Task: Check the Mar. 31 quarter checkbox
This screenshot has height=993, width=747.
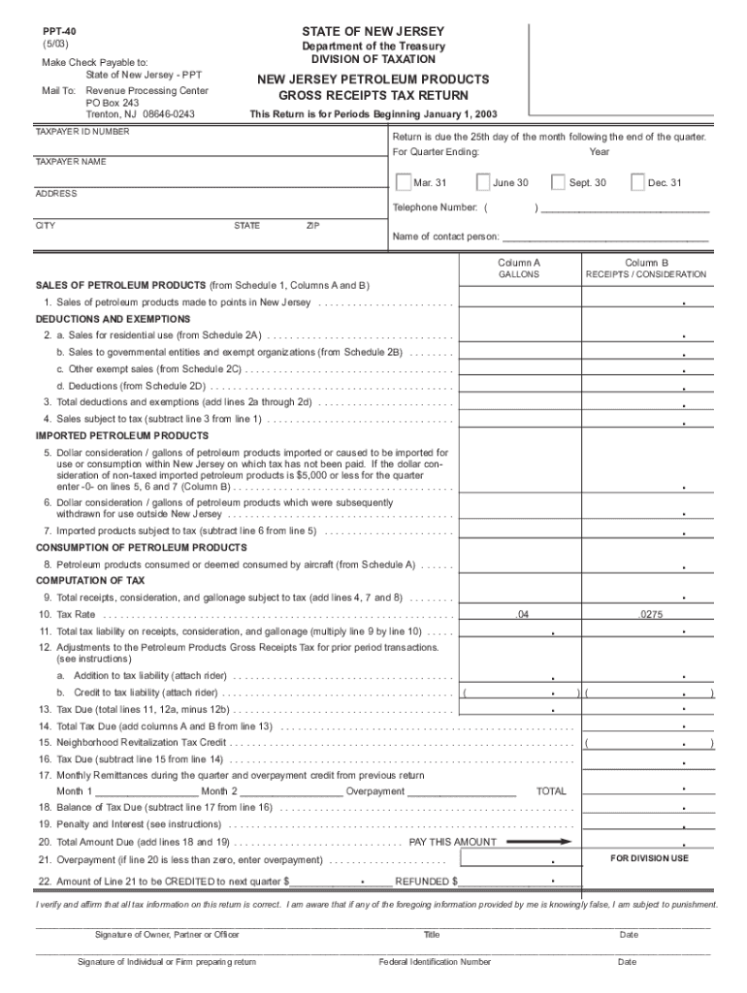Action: pos(403,182)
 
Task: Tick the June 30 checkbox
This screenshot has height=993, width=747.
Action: pos(483,182)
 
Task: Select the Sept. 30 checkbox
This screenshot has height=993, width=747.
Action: pos(558,182)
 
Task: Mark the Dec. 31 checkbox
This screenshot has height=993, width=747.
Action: pos(637,182)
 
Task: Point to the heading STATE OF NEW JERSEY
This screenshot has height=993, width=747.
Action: pos(373,31)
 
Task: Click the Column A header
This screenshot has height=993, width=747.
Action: pos(519,262)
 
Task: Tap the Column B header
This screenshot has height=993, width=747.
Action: pos(646,262)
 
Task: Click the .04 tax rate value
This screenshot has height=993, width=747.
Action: pos(522,615)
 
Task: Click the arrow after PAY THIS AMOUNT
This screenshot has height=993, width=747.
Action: pos(538,842)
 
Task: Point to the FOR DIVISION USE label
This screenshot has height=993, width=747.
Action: pos(649,858)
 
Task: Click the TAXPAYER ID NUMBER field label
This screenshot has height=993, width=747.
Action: pos(82,131)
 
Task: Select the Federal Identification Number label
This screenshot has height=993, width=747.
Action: pos(435,962)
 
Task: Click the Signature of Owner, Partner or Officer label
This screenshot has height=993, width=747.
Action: pos(167,935)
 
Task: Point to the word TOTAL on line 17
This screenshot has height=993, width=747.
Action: pos(551,791)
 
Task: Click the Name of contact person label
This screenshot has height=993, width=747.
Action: pos(445,237)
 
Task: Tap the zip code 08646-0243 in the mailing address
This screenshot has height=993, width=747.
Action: pos(169,113)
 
